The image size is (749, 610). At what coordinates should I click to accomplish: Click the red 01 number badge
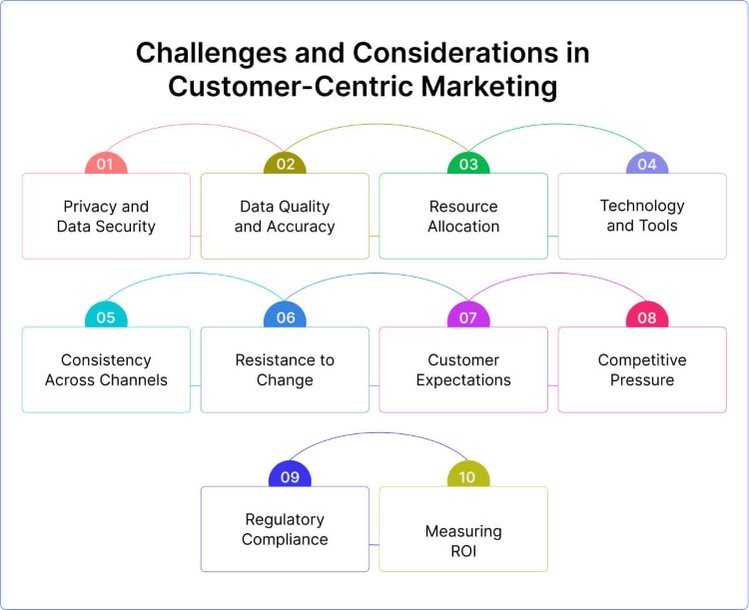[x=106, y=164]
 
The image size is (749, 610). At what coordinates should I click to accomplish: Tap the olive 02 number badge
[x=285, y=164]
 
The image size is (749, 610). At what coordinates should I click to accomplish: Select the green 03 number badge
[x=468, y=164]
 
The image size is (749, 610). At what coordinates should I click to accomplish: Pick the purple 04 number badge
[x=647, y=164]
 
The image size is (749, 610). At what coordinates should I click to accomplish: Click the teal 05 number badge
[x=106, y=317]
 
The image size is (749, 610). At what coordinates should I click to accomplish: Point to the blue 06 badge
[x=285, y=317]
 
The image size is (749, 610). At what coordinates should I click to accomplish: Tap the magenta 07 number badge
[x=468, y=317]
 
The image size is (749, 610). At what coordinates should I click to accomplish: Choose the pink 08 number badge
[x=647, y=317]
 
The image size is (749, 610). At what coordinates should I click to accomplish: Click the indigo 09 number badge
[x=290, y=476]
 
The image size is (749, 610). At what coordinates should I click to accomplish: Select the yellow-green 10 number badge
[x=468, y=476]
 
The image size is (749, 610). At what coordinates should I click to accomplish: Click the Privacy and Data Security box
[x=106, y=217]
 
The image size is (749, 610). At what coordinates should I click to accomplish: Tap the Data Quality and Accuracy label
[x=285, y=217]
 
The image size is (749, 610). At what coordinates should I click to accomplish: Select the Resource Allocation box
[x=463, y=217]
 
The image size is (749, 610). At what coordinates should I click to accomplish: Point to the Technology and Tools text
[x=642, y=216]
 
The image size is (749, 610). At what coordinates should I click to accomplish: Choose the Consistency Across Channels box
[x=106, y=370]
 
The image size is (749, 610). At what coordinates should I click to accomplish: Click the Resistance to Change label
[x=285, y=370]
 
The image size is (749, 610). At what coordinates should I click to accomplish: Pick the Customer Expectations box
[x=463, y=370]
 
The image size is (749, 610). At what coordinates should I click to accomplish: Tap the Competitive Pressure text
[x=642, y=370]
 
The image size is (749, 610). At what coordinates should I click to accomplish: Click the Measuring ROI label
[x=463, y=540]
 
